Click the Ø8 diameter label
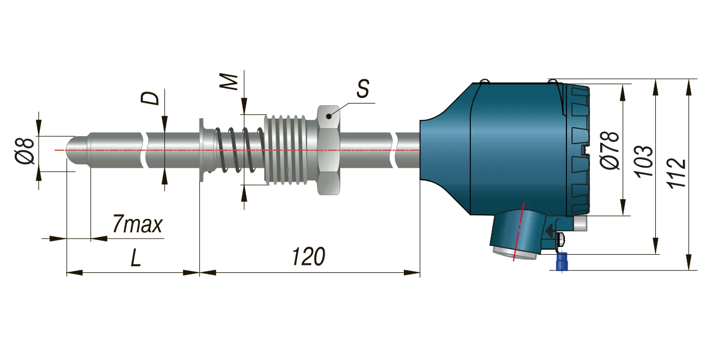25,151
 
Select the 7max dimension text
138,224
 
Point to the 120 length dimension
309,256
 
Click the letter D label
150,98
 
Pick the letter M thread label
229,82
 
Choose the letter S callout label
363,88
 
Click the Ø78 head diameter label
610,150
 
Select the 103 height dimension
643,161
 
